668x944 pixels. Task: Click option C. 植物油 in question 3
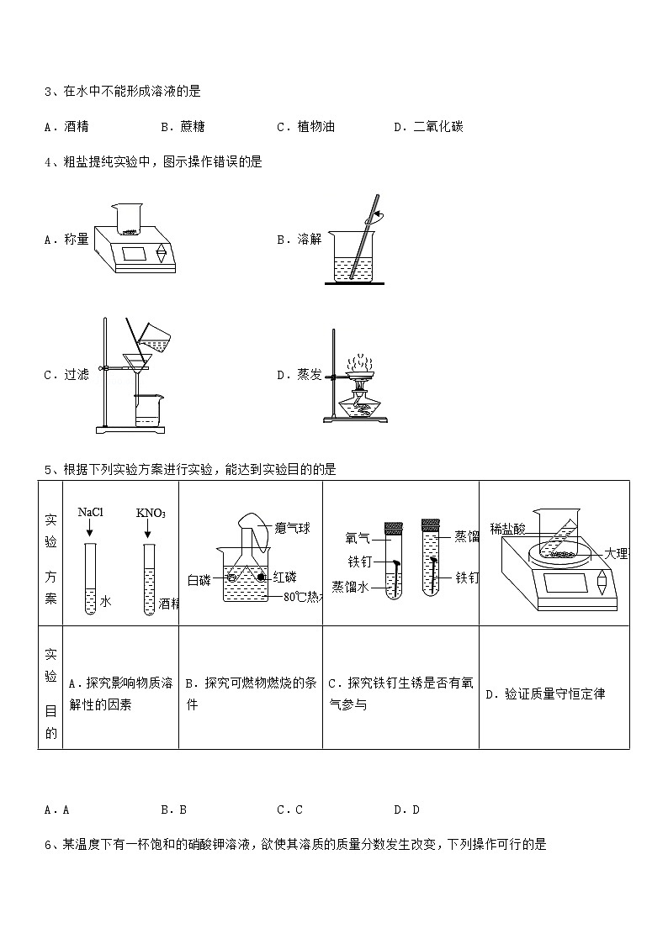305,127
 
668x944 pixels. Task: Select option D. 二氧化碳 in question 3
428,127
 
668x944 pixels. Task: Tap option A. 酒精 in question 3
67,127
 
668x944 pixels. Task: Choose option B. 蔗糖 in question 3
183,127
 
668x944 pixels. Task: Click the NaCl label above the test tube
90,512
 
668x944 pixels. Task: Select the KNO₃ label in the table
151,513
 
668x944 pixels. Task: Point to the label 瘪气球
294,528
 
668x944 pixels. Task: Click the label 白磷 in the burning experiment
199,578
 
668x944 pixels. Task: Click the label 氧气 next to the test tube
358,537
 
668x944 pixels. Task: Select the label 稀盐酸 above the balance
507,529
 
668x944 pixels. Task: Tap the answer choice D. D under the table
406,810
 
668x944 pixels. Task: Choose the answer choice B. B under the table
173,810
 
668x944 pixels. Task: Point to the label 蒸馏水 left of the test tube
349,586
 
